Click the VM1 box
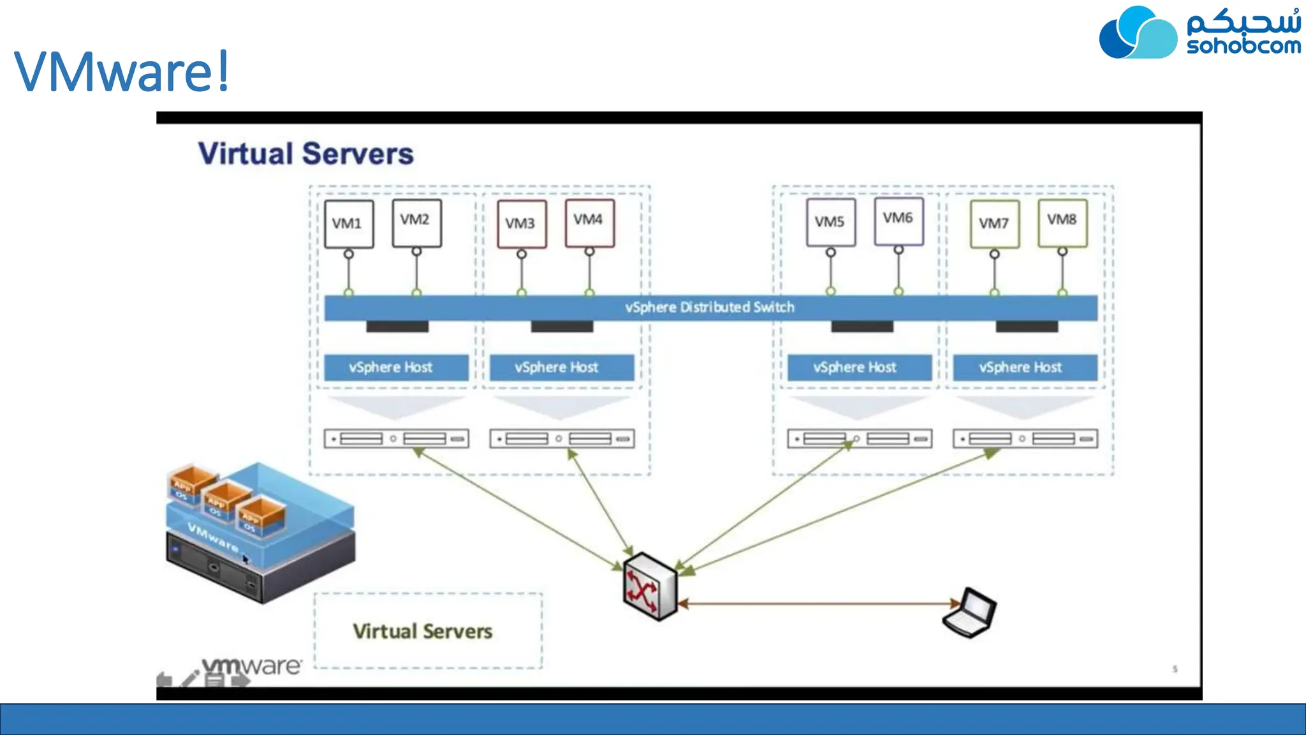point(349,224)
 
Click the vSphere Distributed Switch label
point(710,308)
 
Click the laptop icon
point(970,613)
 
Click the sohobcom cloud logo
point(1138,33)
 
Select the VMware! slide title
point(121,71)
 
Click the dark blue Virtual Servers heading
point(306,154)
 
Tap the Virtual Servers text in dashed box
point(423,632)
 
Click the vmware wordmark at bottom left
point(252,666)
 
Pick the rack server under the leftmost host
point(396,439)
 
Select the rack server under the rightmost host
point(1025,439)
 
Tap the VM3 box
point(522,224)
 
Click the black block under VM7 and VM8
point(1027,327)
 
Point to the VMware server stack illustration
point(260,533)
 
